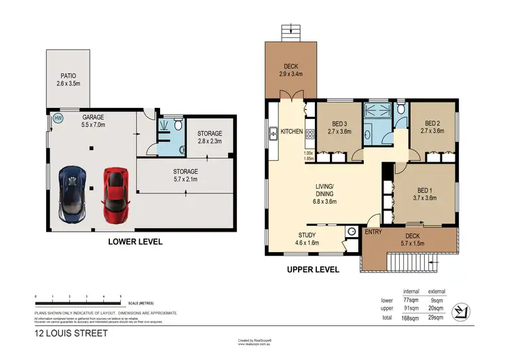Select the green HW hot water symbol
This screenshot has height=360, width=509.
(x=58, y=118)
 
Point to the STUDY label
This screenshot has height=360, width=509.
(x=288, y=235)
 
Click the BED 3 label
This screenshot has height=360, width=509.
(x=340, y=124)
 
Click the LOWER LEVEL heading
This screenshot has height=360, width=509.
(x=135, y=241)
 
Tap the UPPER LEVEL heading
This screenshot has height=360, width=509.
(x=312, y=270)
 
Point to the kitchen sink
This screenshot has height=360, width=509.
(x=274, y=133)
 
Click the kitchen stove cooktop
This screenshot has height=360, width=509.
(x=309, y=134)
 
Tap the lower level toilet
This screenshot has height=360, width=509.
(x=177, y=126)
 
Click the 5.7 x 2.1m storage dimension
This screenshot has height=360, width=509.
(x=185, y=180)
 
